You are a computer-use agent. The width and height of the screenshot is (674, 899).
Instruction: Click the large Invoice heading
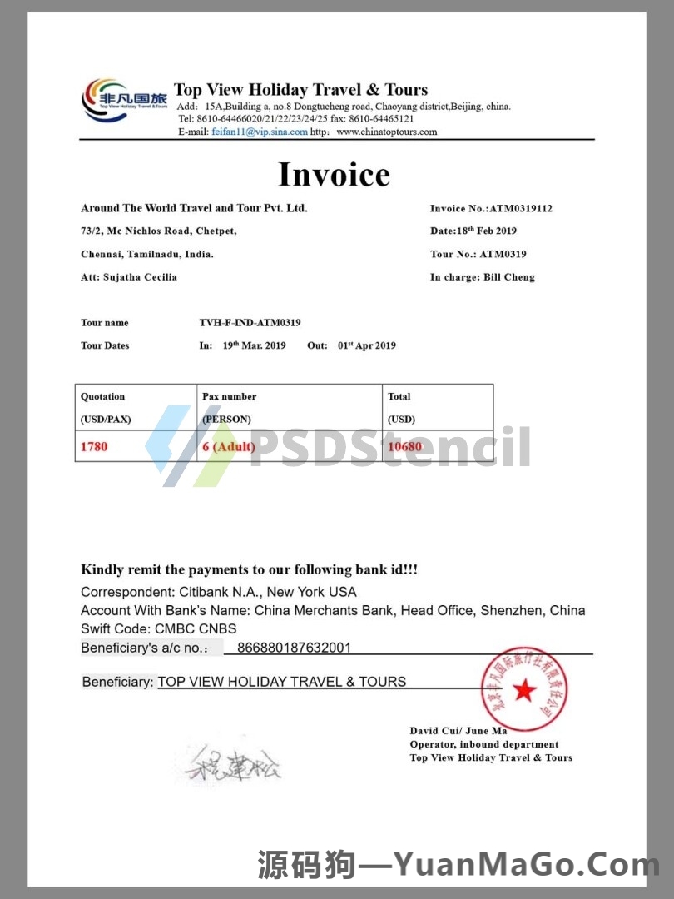[334, 175]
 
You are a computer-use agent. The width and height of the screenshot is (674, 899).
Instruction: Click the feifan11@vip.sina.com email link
[260, 132]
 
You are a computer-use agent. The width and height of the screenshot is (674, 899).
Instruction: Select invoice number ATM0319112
[521, 208]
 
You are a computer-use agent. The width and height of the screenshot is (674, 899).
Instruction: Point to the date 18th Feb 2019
[486, 231]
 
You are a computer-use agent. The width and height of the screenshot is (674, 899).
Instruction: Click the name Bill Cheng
[509, 277]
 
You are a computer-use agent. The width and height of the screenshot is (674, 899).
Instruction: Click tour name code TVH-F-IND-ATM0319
[250, 322]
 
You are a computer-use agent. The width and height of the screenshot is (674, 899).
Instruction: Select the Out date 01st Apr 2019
[367, 345]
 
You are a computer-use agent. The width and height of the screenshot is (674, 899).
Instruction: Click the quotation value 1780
[94, 447]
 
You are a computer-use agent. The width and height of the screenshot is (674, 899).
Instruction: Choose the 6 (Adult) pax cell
[230, 447]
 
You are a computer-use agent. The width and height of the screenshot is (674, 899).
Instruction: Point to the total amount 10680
[405, 447]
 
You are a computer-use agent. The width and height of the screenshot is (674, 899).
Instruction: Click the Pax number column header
[230, 396]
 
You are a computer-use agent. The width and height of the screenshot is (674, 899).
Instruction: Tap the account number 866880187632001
[294, 648]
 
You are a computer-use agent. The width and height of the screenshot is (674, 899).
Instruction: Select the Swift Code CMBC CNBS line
[159, 628]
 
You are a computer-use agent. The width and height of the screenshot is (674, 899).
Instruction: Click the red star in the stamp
[523, 689]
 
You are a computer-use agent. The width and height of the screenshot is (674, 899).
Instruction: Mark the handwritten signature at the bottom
[233, 761]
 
